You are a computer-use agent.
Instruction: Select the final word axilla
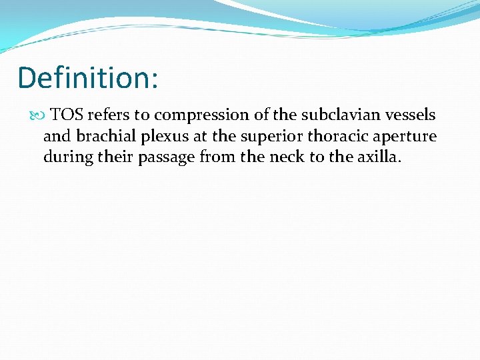point(380,158)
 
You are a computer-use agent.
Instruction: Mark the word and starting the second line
point(57,137)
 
